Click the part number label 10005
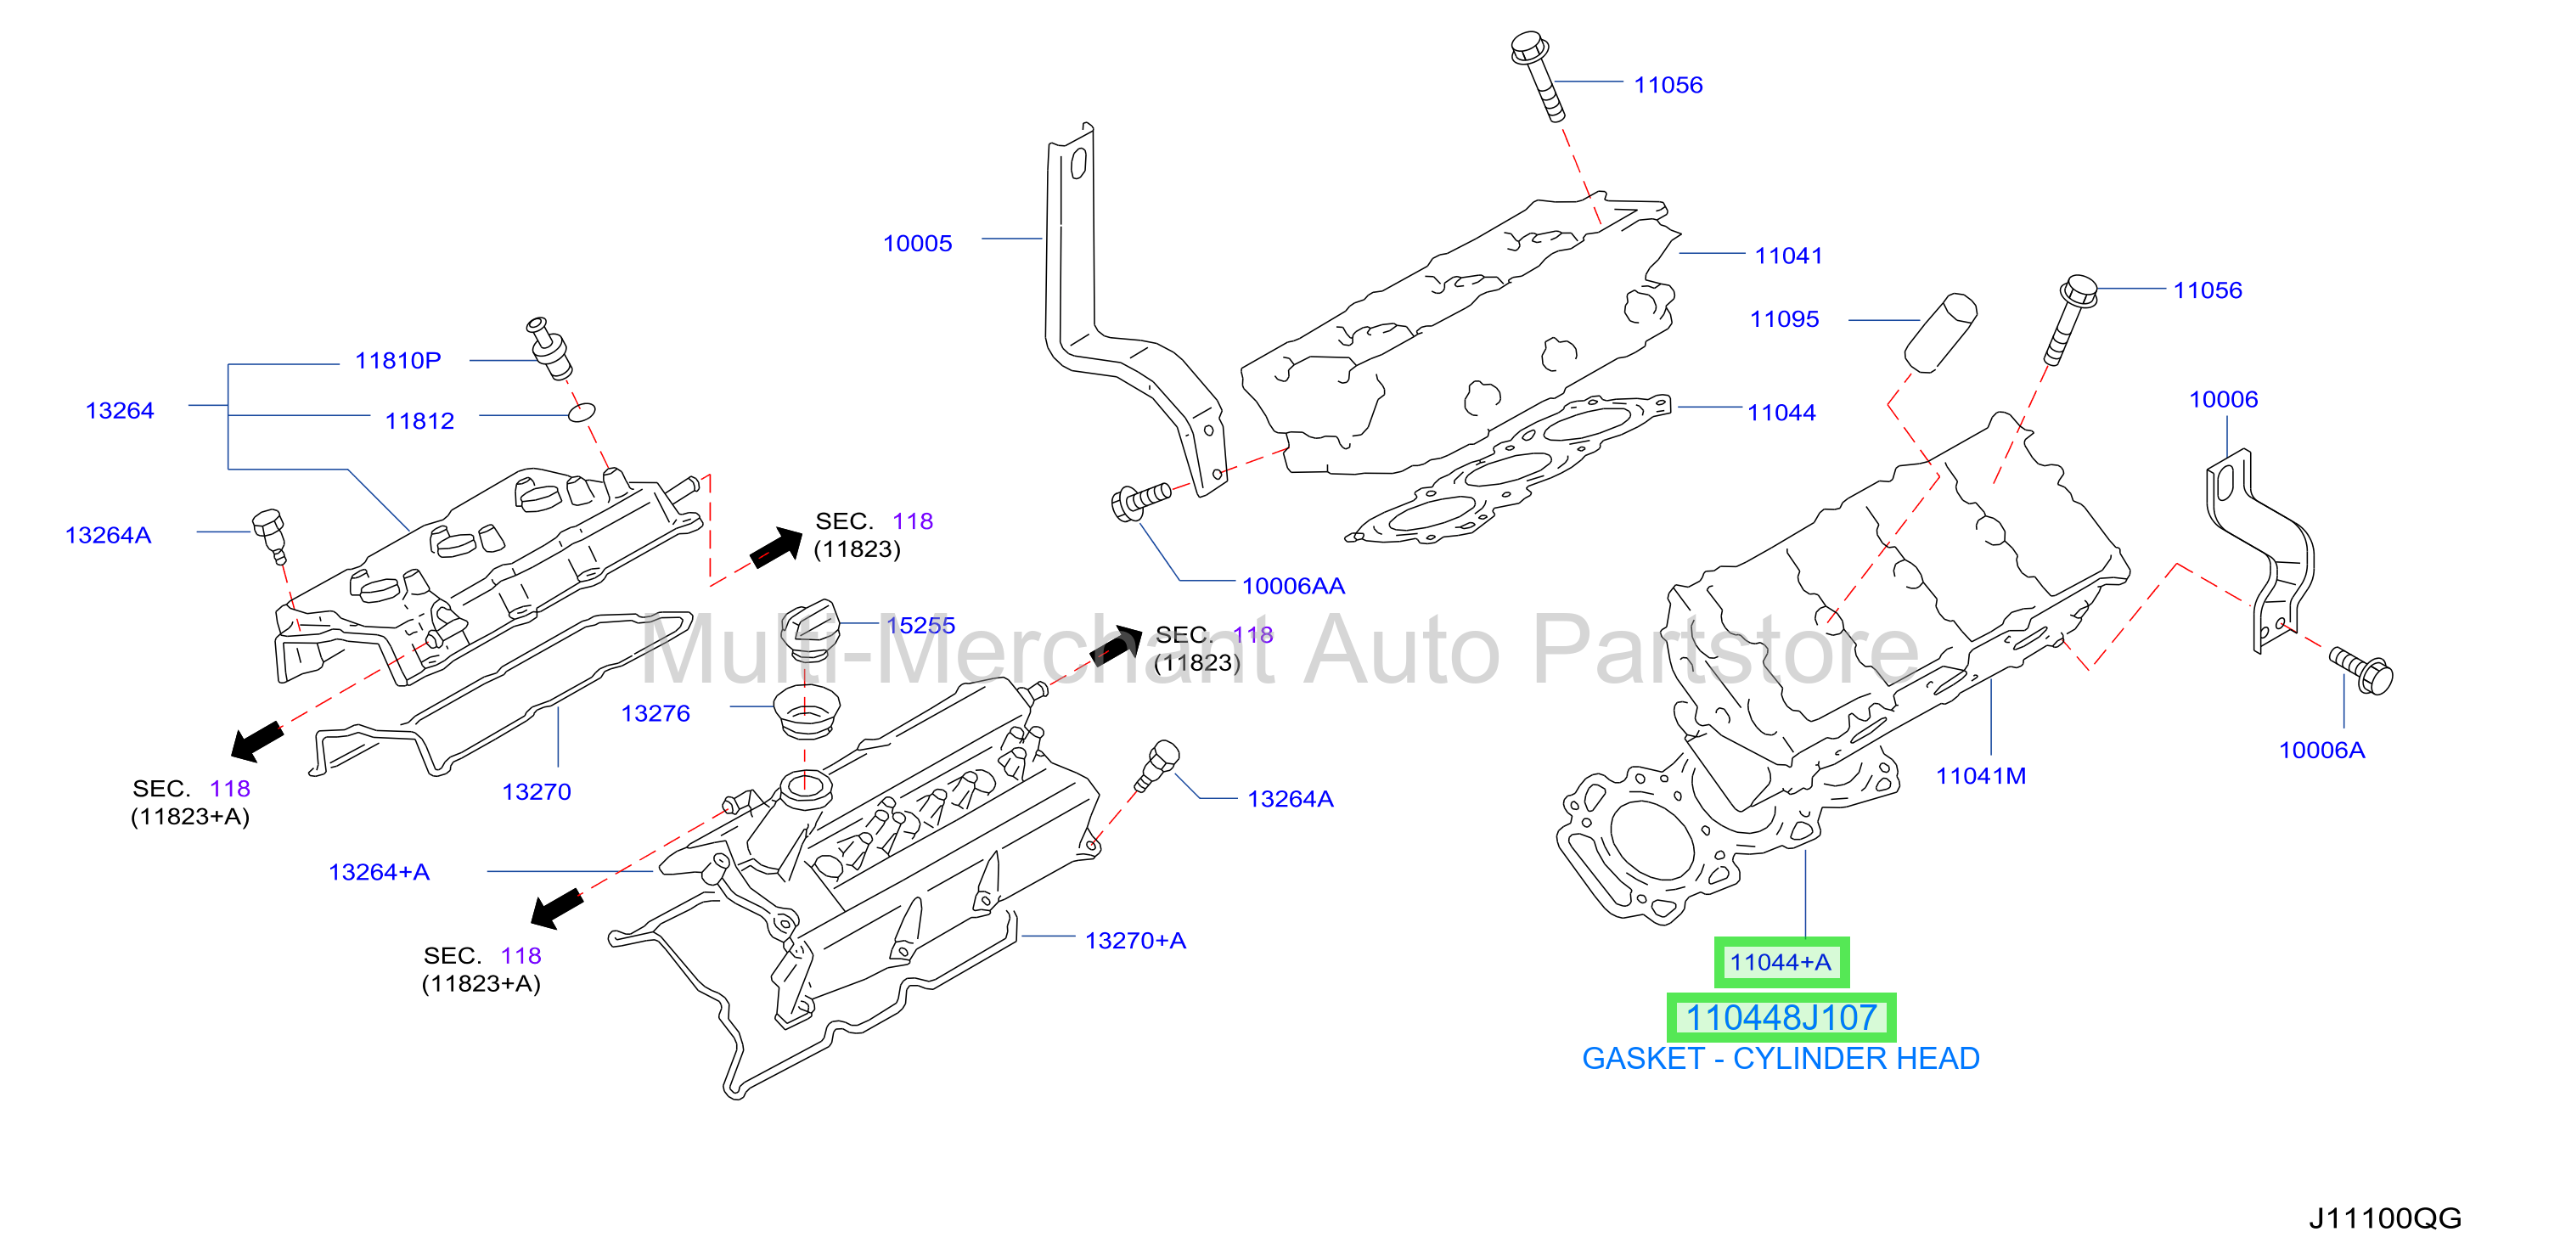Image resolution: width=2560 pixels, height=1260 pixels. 917,244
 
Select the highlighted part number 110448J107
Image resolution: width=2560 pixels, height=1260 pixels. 1781,1017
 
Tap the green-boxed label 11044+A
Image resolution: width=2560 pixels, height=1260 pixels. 1781,962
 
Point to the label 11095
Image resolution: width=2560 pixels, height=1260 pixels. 1784,319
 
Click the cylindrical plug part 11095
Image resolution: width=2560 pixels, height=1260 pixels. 1940,333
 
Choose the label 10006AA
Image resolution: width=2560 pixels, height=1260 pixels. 1293,587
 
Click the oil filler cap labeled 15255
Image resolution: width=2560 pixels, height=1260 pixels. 810,630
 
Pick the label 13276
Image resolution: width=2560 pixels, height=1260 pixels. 655,713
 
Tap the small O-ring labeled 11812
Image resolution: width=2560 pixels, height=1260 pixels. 582,412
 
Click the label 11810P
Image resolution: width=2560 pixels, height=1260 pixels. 397,361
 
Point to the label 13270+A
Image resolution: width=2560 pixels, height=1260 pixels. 1135,941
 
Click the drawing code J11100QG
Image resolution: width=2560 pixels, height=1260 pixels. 2385,1218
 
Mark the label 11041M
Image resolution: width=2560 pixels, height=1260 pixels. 1981,776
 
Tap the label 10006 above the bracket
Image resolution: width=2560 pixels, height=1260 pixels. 2223,399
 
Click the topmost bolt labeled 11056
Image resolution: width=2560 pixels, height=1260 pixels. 1538,76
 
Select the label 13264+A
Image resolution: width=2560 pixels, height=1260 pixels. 379,873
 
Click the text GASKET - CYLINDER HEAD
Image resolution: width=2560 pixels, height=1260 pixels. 1781,1058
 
